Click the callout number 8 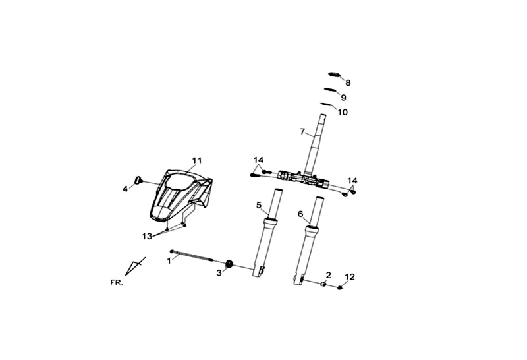(x=348, y=83)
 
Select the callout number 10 (x=343, y=112)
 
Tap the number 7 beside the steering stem (x=302, y=131)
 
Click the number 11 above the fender (x=197, y=160)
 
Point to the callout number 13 (x=147, y=237)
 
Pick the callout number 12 (x=350, y=277)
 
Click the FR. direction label (x=117, y=283)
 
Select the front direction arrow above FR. (x=135, y=266)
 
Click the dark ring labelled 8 (x=335, y=75)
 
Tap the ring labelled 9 (x=330, y=90)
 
